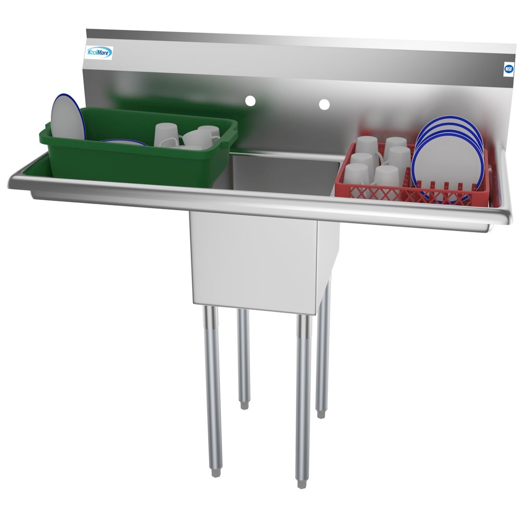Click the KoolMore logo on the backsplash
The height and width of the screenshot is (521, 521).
(99, 53)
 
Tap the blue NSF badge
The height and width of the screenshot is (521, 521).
(508, 69)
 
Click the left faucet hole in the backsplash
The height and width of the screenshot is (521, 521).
(251, 100)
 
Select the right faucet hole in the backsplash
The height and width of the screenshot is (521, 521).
(324, 104)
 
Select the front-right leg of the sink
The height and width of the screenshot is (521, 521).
(303, 396)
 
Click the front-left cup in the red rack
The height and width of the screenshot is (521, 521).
(356, 175)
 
